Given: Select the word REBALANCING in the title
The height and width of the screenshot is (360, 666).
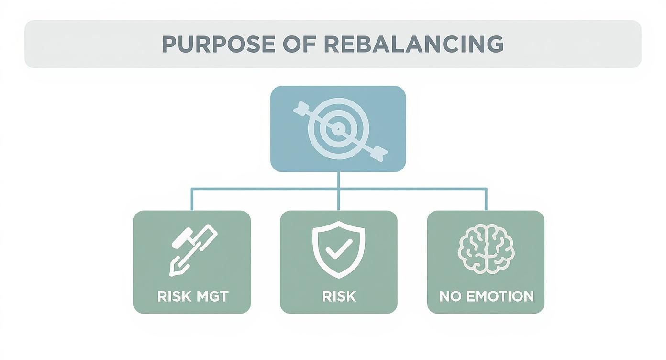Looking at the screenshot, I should pyautogui.click(x=413, y=44).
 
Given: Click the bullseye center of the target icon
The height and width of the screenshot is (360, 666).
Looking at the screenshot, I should pyautogui.click(x=338, y=128).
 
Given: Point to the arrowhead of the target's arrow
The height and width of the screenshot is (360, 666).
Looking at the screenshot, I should pyautogui.click(x=381, y=152).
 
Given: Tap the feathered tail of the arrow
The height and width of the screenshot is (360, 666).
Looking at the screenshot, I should pyautogui.click(x=301, y=108).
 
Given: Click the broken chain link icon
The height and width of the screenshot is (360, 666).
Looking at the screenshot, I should pyautogui.click(x=192, y=250).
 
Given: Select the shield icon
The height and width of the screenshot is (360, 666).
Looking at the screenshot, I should pyautogui.click(x=338, y=249).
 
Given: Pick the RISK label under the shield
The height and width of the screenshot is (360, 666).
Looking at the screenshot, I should pyautogui.click(x=339, y=296).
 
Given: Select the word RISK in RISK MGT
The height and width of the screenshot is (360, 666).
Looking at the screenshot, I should pyautogui.click(x=173, y=296).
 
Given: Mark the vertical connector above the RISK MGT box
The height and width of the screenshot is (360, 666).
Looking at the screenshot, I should pyautogui.click(x=192, y=199).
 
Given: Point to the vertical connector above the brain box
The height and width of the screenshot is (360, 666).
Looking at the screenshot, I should pyautogui.click(x=486, y=199).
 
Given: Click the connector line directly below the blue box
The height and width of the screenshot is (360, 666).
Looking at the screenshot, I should pyautogui.click(x=338, y=180).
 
